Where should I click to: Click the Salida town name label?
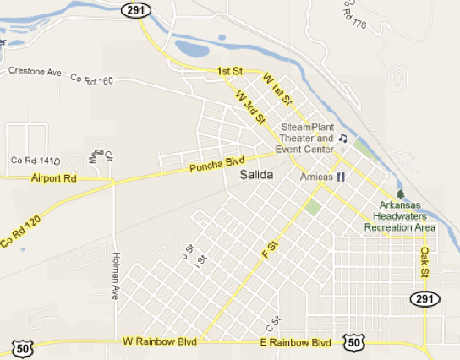[x=257, y=177]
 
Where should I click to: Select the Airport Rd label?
[x=53, y=179]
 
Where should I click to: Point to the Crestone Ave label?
[x=36, y=72]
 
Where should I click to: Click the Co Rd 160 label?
[x=92, y=80]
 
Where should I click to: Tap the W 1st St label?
[x=277, y=88]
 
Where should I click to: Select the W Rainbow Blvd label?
[x=160, y=342]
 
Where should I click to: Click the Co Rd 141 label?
[x=31, y=161]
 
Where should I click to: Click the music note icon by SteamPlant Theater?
[x=343, y=138]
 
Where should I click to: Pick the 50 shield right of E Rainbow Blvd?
[x=355, y=341]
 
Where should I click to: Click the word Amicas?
[x=315, y=177]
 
